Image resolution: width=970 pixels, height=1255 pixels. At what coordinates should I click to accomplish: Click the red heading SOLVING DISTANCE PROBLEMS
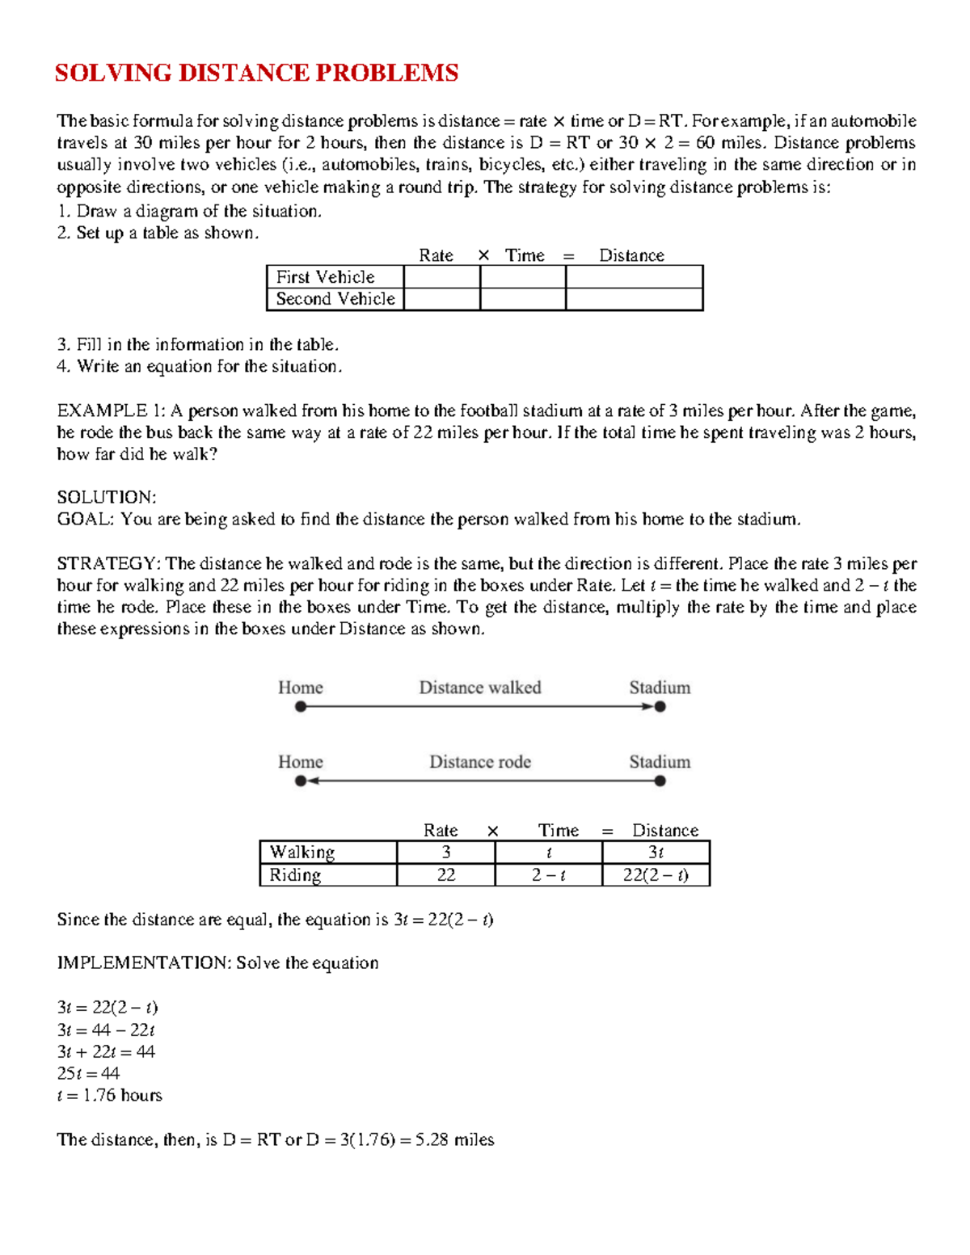[x=256, y=74]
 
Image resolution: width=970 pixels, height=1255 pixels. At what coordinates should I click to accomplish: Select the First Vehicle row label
[x=325, y=277]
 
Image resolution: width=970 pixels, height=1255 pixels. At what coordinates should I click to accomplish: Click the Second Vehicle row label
[x=335, y=299]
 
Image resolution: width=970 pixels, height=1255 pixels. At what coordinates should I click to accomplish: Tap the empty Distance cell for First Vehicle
[x=634, y=277]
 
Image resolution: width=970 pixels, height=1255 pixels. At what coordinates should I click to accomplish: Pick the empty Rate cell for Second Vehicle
[x=441, y=299]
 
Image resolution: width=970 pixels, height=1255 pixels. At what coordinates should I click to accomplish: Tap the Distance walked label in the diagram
[x=479, y=688]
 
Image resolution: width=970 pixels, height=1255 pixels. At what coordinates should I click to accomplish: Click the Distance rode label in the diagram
[x=479, y=762]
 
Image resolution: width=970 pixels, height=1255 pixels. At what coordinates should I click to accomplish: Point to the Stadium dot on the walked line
[x=660, y=707]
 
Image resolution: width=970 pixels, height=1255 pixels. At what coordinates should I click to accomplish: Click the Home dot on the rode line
[x=301, y=781]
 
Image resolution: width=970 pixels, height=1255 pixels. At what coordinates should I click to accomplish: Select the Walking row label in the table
[x=302, y=853]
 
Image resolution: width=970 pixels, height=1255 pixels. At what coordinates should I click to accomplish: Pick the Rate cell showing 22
[x=445, y=875]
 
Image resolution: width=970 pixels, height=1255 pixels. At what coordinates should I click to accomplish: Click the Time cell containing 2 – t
[x=548, y=875]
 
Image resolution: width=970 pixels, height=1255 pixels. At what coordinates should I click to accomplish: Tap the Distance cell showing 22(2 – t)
[x=656, y=875]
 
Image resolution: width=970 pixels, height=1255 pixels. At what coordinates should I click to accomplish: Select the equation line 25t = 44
[x=88, y=1073]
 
